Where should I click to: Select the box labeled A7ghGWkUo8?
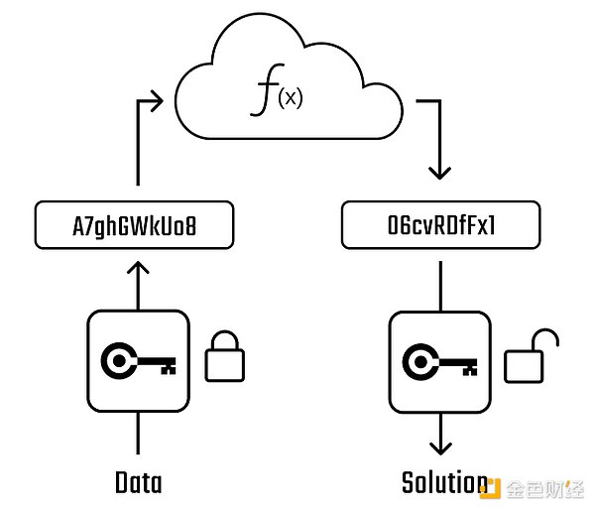pos(135,226)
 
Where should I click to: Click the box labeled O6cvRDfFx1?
pos(442,226)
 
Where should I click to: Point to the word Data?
pos(138,483)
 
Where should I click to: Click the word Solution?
pos(443,483)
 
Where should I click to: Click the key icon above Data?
pos(138,358)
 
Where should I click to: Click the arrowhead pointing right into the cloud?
pos(156,98)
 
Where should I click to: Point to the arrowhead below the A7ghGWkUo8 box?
pos(139,268)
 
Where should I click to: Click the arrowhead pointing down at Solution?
pos(437,447)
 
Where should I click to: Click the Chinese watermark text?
pos(547,488)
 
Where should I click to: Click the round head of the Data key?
pos(123,358)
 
